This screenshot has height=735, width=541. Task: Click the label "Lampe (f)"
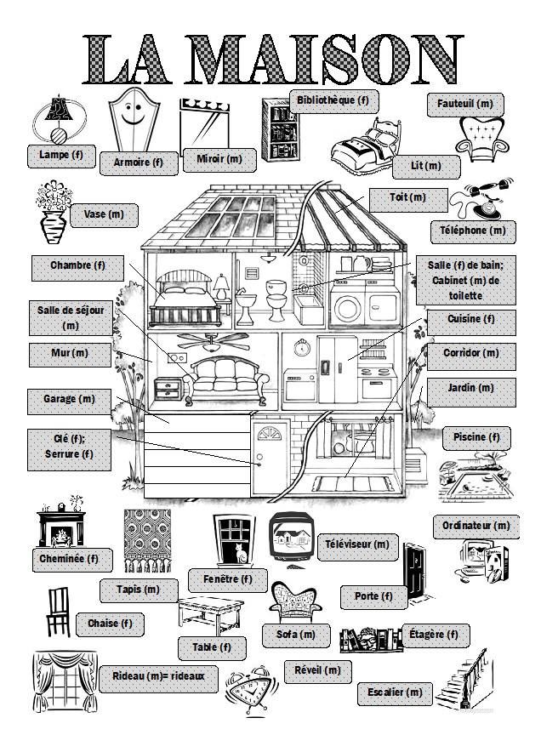(65, 155)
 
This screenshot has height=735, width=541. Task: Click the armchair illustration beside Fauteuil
(483, 134)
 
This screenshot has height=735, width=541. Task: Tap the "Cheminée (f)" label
(70, 560)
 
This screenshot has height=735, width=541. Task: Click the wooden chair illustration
(58, 612)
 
